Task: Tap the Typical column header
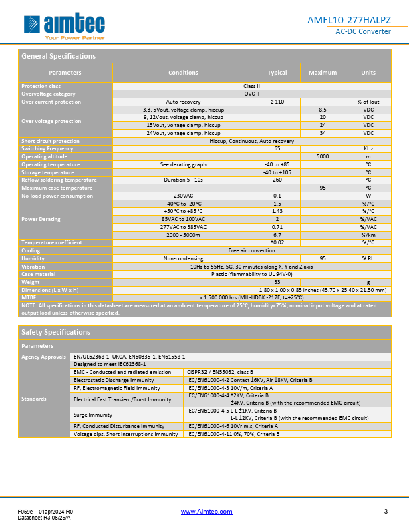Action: (x=277, y=73)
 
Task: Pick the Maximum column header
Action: (x=322, y=73)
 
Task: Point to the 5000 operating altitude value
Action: (x=322, y=156)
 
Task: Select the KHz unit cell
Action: (x=368, y=148)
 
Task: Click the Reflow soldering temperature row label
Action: (x=59, y=180)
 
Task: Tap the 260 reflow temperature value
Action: (x=277, y=180)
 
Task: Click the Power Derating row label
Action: (x=41, y=219)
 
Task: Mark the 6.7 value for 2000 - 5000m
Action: (x=277, y=234)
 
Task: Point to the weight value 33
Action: (x=277, y=282)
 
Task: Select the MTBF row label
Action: (x=29, y=297)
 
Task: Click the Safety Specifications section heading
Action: (x=55, y=332)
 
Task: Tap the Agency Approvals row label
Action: (x=44, y=357)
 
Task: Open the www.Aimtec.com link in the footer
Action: (x=207, y=512)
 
